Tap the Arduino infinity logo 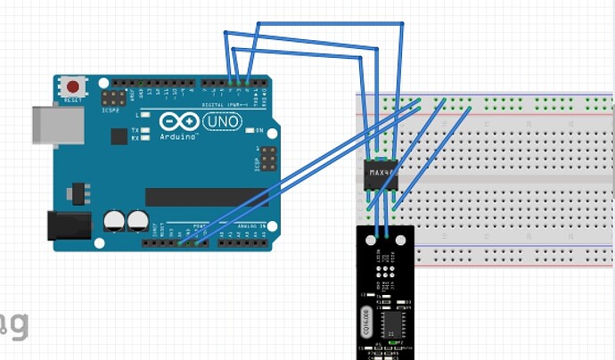(177, 121)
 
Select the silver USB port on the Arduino (45, 124)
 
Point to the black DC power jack (68, 225)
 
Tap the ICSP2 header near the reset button (113, 95)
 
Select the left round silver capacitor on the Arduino (114, 220)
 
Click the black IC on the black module (392, 321)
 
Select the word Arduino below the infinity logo (178, 138)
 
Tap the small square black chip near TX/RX (119, 135)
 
